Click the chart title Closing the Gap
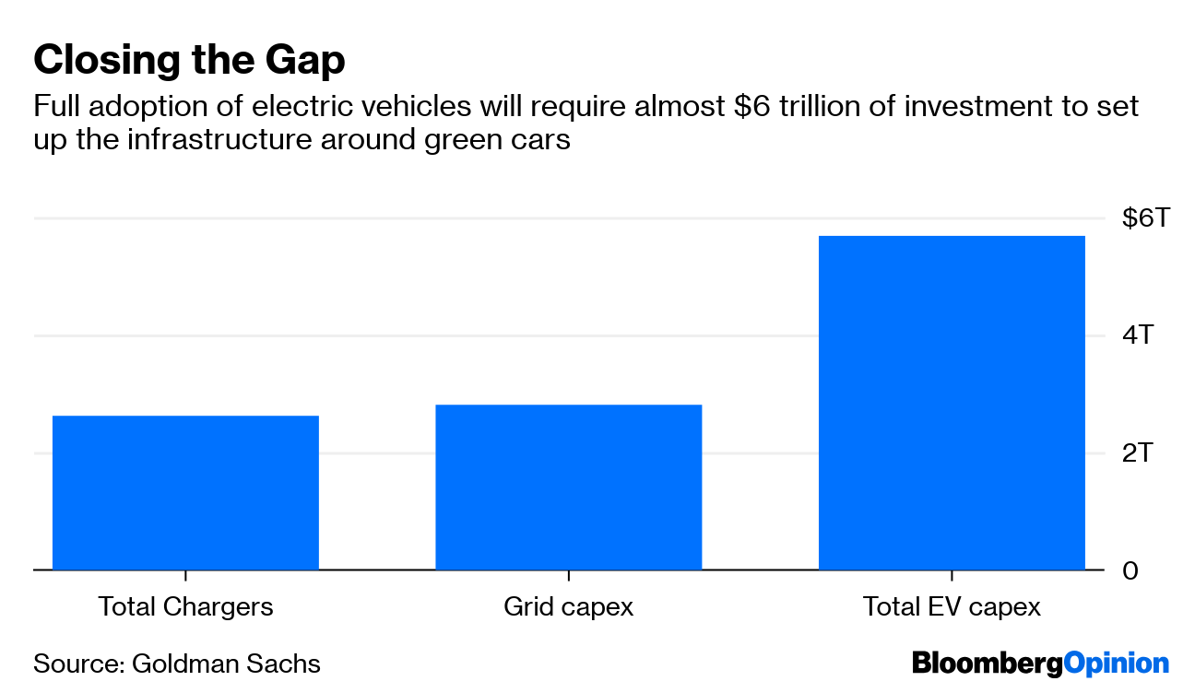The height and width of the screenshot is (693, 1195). tap(189, 61)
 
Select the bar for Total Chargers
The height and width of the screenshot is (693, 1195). tap(185, 493)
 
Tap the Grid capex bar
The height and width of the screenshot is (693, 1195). tap(568, 487)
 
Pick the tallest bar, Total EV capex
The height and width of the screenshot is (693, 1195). tap(952, 403)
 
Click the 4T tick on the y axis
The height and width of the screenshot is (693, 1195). tap(1137, 335)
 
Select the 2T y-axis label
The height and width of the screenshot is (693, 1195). tap(1137, 452)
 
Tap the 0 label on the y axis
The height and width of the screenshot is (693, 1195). tap(1130, 570)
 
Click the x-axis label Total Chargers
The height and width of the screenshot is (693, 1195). tap(185, 607)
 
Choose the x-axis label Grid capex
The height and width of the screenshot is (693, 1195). tap(568, 607)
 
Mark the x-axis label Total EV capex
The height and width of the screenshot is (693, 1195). tap(952, 607)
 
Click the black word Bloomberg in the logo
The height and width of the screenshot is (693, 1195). tap(987, 664)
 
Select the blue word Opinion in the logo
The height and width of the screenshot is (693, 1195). tap(1116, 664)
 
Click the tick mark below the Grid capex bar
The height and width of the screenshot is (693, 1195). tap(568, 576)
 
